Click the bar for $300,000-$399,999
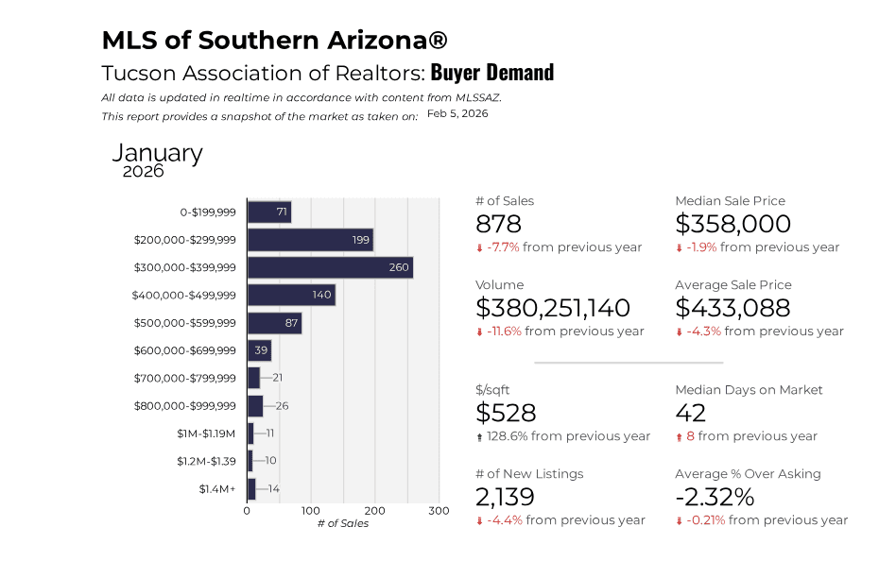[x=330, y=267]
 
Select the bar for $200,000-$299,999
[x=310, y=240]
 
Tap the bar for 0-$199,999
[x=268, y=212]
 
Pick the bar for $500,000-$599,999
[x=274, y=323]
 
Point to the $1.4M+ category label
[x=217, y=489]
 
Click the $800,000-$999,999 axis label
[x=185, y=406]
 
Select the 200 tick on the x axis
[x=375, y=511]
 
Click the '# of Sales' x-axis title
[x=343, y=523]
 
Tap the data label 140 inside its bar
[x=321, y=296]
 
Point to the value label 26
[x=282, y=406]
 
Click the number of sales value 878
[x=498, y=224]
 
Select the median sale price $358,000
[x=732, y=224]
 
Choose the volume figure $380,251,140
[x=553, y=308]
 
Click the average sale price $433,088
[x=733, y=308]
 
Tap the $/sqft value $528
[x=506, y=413]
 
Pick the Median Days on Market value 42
[x=692, y=413]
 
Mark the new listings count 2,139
[x=505, y=497]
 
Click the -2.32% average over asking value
[x=715, y=497]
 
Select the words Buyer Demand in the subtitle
[x=492, y=73]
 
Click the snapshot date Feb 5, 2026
[x=457, y=113]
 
